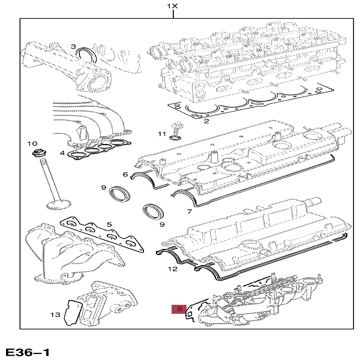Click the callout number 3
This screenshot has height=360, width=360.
point(73,47)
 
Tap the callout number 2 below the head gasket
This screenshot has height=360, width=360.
point(206,121)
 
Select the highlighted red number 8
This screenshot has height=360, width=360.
point(179,309)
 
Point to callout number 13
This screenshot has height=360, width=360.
point(55,314)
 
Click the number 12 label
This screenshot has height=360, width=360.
point(172,269)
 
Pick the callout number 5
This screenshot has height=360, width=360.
point(109,224)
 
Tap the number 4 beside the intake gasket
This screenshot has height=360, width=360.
point(62,152)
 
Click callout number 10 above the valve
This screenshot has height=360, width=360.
point(32,143)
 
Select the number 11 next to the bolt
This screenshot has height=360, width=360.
point(162,134)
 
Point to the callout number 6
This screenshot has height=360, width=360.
point(125,175)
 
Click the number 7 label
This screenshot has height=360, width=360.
point(190,211)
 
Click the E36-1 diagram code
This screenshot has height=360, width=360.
point(28,352)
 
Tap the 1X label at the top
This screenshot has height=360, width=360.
point(172,6)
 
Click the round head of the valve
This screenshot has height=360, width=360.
point(59,205)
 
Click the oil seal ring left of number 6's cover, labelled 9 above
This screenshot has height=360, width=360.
point(119,194)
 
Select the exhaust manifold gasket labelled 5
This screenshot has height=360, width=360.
point(102,235)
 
